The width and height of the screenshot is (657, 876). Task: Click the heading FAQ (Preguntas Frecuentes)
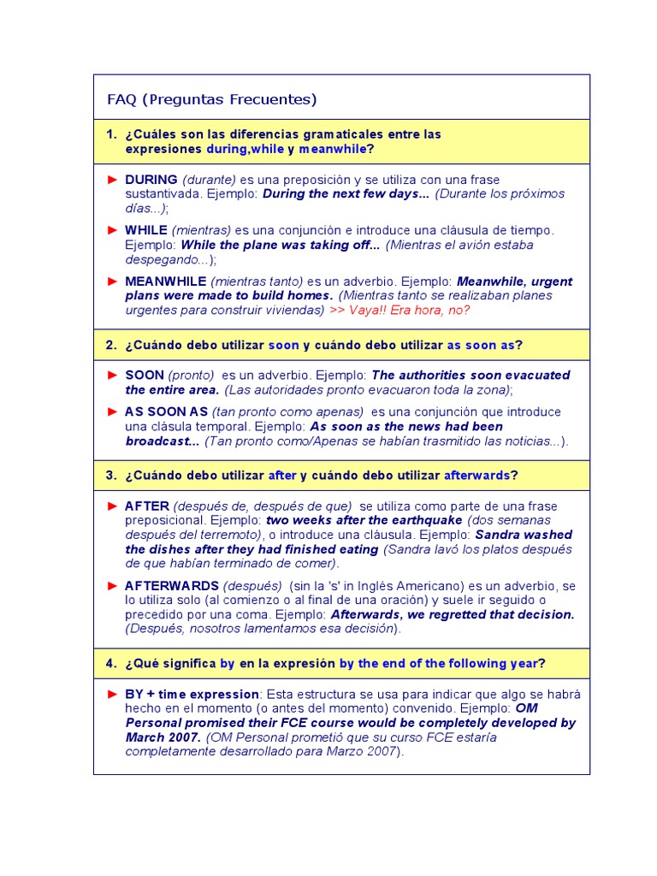[x=211, y=99]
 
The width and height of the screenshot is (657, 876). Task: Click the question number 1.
[x=111, y=134]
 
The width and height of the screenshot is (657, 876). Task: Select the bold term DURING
[x=151, y=180]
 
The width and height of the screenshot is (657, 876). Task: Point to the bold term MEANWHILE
[x=165, y=281]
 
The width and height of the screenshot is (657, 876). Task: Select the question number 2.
[x=111, y=345]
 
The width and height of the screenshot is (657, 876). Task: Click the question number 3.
[x=111, y=475]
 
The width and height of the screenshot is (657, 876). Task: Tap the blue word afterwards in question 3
[x=476, y=475]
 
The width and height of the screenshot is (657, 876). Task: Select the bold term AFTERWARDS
[x=172, y=586]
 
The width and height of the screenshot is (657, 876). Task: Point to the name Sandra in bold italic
[x=498, y=535]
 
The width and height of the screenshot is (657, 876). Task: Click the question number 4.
[x=111, y=663]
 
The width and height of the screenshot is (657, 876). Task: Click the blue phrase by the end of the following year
[x=439, y=663]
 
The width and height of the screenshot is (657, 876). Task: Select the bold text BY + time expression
[x=192, y=694]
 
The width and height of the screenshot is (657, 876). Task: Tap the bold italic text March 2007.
[x=163, y=737]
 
